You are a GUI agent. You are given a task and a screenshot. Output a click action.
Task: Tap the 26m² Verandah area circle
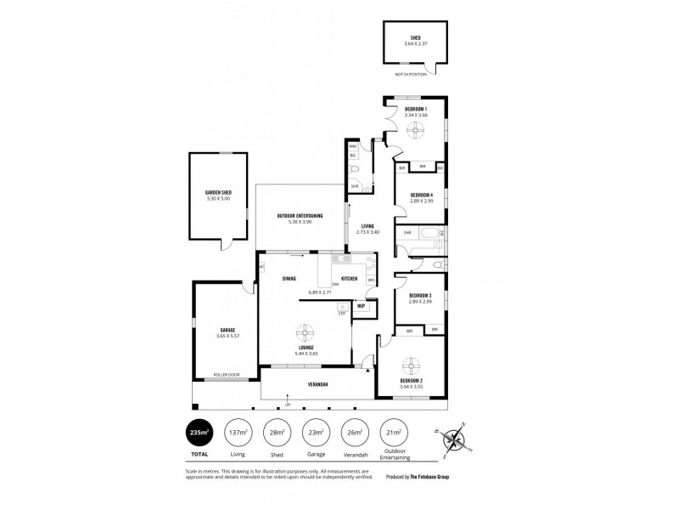point(354,433)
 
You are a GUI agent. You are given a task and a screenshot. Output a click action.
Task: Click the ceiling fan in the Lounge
point(304,332)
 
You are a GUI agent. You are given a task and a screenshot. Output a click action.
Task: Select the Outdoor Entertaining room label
point(300,216)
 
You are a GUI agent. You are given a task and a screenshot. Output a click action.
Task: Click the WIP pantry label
point(361,305)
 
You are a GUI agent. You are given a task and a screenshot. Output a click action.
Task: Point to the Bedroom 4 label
point(421,195)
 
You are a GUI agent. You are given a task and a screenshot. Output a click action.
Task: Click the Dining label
point(289,279)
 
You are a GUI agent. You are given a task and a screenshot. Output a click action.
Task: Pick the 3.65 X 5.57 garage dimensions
point(227,336)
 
